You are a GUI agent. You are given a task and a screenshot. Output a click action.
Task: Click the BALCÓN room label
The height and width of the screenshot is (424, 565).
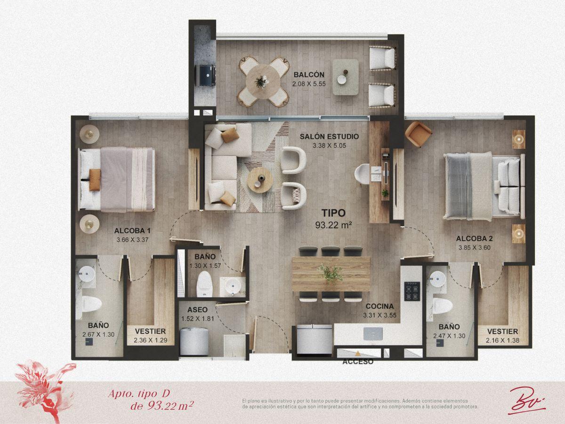pos(309,74)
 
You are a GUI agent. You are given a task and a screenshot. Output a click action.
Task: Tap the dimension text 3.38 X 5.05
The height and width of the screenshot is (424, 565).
pos(329,146)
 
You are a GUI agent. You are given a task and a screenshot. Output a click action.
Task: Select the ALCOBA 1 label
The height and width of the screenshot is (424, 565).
pos(132,231)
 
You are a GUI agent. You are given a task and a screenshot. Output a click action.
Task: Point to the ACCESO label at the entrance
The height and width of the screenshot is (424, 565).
pos(358,362)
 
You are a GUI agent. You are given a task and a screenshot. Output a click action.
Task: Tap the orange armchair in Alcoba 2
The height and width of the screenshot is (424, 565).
pos(418,134)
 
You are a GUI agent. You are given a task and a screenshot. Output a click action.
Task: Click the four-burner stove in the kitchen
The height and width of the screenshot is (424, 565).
pos(412,291)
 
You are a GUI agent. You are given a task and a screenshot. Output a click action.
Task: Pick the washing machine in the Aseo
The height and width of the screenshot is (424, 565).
pos(194,341)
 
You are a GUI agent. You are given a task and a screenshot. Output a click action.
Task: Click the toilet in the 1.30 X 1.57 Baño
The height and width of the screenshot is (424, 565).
pos(205,284)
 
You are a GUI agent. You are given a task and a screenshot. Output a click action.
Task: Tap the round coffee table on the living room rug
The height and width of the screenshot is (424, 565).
pos(260,180)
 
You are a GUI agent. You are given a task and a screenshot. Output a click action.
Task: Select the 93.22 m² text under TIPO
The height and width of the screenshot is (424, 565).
pos(334,225)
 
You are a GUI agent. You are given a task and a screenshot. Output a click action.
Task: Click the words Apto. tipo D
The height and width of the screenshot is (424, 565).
pos(139,394)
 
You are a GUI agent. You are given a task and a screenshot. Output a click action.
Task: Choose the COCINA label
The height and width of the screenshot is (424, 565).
pos(379,306)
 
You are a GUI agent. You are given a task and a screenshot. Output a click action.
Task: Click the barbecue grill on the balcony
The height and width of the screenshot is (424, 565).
pos(205,75)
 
